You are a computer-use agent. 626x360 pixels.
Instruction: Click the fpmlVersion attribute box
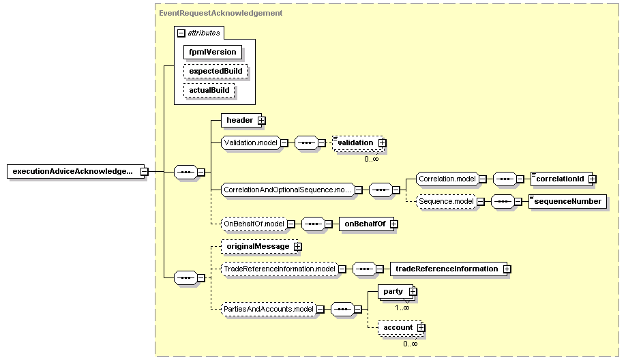(212, 52)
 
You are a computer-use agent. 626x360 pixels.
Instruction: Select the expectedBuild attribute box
(215, 71)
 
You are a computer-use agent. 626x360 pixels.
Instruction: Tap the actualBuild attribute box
(209, 90)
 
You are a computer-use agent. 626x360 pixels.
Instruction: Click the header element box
(241, 120)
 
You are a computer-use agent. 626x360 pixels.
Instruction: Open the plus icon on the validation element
(382, 143)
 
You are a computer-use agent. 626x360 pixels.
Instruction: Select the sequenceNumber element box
(568, 201)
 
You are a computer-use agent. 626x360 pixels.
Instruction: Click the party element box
(396, 292)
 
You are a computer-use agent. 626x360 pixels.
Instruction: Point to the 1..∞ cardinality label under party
(402, 307)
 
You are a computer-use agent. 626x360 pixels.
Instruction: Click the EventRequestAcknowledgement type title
(220, 13)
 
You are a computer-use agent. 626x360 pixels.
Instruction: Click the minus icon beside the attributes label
(181, 33)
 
